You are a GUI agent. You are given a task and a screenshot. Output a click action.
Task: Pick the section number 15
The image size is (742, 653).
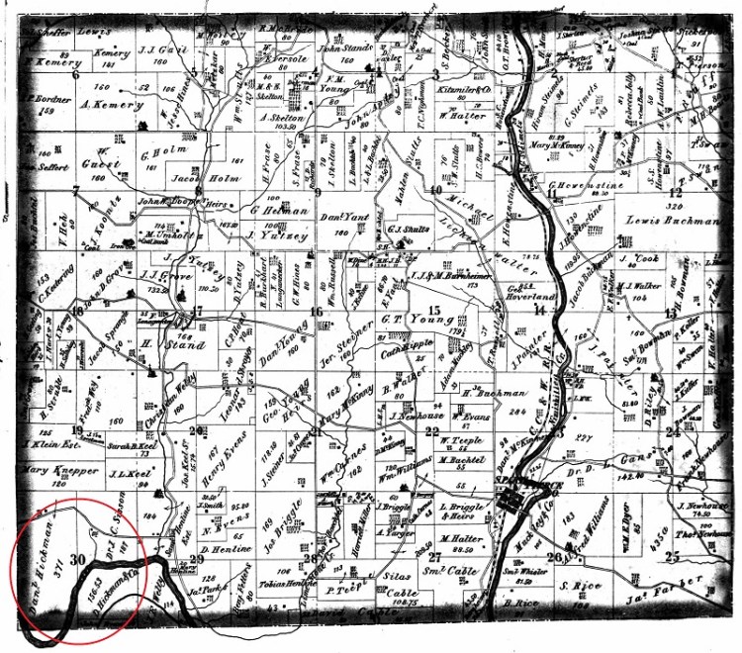coord(432,312)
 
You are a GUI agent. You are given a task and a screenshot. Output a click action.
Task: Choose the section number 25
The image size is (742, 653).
coord(674,556)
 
